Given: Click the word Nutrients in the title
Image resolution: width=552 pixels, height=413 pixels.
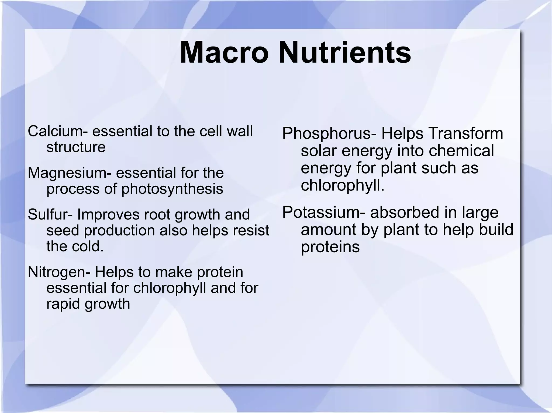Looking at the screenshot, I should (x=345, y=52).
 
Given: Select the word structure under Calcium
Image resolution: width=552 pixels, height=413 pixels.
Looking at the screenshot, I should (x=76, y=147).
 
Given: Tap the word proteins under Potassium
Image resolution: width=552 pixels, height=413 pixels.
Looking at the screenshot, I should (x=330, y=247).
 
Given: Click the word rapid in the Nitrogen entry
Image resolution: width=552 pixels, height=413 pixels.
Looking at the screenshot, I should (x=63, y=304).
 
